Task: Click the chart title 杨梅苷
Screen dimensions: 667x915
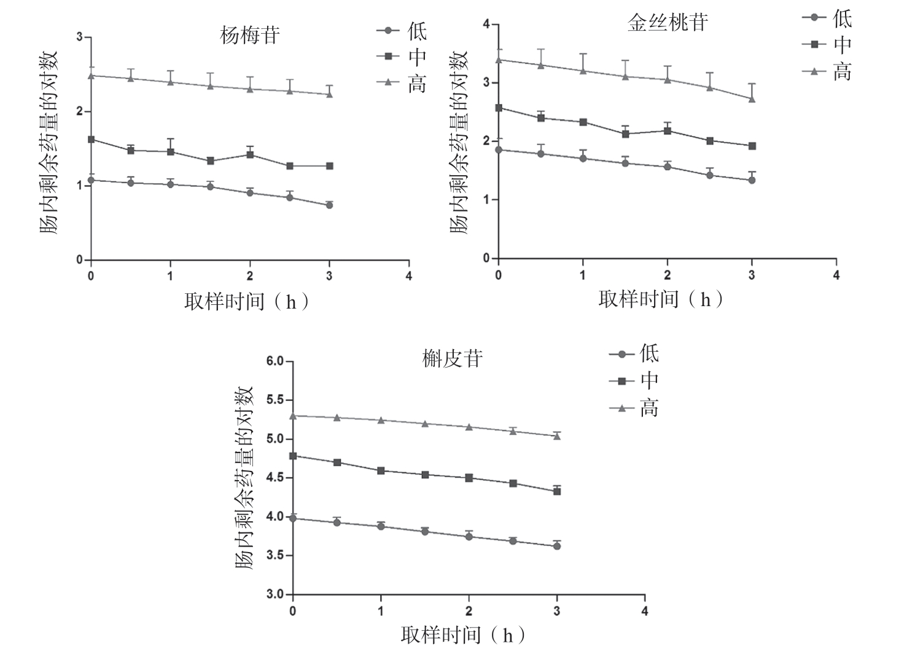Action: tap(249, 35)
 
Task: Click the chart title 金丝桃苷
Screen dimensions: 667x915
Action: tap(668, 23)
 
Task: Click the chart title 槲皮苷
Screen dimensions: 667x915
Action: tap(453, 358)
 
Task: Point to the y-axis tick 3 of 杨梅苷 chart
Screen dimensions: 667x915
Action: tap(79, 37)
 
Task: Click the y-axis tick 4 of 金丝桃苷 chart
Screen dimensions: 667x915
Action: tap(486, 24)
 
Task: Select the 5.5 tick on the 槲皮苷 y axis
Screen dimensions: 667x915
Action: tap(276, 400)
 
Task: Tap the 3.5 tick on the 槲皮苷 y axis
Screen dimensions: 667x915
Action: tap(276, 556)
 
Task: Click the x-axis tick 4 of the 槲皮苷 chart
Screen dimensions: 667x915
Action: tap(645, 611)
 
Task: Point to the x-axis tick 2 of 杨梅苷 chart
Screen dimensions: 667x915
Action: tap(250, 276)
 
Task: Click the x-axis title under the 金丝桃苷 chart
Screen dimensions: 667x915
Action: tap(661, 299)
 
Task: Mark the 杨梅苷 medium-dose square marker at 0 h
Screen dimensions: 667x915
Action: tap(91, 140)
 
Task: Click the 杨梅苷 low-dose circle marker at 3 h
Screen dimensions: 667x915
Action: tap(330, 205)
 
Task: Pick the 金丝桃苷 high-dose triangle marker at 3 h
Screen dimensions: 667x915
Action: tap(752, 98)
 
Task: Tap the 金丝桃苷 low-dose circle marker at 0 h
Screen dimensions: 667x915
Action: tap(499, 149)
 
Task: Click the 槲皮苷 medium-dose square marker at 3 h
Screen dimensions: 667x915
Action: tap(557, 491)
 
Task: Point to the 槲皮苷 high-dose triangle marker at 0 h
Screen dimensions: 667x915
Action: tap(293, 416)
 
